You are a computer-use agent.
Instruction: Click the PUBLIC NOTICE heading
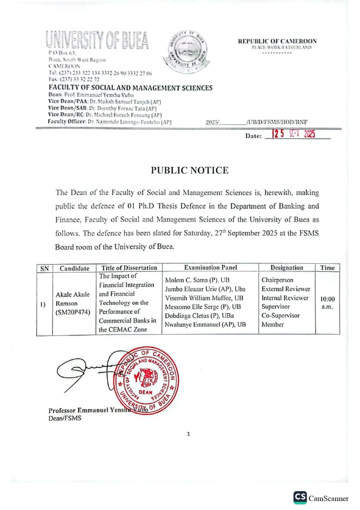[x=190, y=171]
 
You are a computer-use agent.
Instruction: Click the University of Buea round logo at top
[x=185, y=51]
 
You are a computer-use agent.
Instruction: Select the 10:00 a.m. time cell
[x=327, y=302]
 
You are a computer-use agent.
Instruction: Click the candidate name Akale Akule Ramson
[x=73, y=299]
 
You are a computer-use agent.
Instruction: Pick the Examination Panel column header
[x=210, y=268]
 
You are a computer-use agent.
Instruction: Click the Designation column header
[x=286, y=268]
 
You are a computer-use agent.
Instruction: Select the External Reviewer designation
[x=286, y=289]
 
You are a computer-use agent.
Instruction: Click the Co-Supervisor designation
[x=280, y=316]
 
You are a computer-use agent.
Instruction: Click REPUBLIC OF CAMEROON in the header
[x=277, y=41]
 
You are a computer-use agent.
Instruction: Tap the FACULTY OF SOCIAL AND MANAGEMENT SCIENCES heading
[x=131, y=88]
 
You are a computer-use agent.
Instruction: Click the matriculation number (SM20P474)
[x=73, y=312]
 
